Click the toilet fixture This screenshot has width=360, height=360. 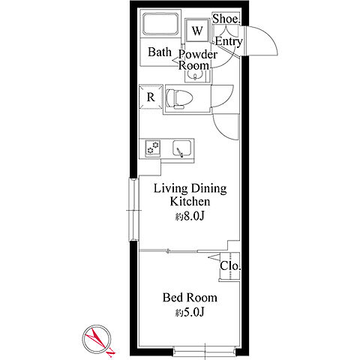[x=179, y=99]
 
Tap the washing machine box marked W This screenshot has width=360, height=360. [x=197, y=31]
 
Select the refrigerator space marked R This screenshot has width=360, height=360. [x=151, y=97]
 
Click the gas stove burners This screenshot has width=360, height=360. [x=153, y=148]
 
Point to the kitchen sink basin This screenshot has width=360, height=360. [x=182, y=148]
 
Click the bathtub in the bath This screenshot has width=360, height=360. [x=160, y=24]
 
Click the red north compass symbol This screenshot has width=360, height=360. [x=97, y=339]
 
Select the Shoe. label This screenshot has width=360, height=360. [x=226, y=19]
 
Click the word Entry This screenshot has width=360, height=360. [x=229, y=41]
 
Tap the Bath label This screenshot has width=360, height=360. [x=160, y=52]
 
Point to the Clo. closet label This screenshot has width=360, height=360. [x=230, y=266]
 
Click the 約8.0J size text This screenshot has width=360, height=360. [x=190, y=217]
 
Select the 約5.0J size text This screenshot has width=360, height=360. [x=190, y=312]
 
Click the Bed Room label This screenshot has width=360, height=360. [x=190, y=298]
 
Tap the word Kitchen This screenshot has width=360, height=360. [x=190, y=202]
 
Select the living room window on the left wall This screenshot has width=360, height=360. [x=133, y=209]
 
